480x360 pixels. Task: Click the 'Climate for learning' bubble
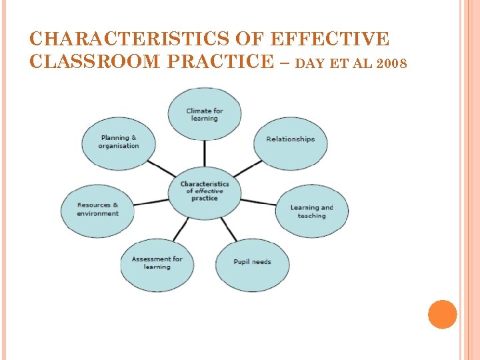(x=204, y=115)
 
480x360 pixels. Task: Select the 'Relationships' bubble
(x=290, y=139)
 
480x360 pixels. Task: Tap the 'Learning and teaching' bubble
(x=311, y=211)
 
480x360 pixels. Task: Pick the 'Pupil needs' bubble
(x=252, y=262)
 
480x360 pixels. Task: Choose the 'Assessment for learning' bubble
(x=157, y=263)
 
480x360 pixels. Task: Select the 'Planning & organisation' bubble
(x=119, y=142)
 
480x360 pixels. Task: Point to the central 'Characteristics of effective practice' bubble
(x=204, y=191)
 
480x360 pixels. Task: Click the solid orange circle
(x=442, y=315)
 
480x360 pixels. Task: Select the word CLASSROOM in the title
(x=85, y=62)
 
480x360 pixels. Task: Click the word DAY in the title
(x=309, y=65)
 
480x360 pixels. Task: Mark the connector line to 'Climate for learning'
(x=204, y=153)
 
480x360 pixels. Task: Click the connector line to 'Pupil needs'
(x=228, y=229)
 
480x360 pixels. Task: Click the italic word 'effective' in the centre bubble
(x=209, y=191)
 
